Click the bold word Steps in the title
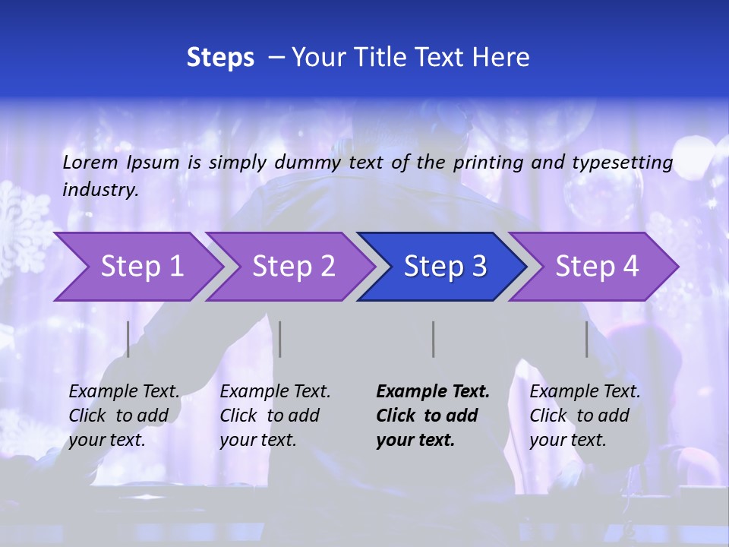(x=220, y=58)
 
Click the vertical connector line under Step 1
(x=128, y=339)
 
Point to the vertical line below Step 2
(x=280, y=339)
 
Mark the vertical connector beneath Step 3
(x=434, y=339)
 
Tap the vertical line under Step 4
(x=587, y=339)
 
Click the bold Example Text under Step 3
(x=433, y=392)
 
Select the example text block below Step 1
(x=124, y=416)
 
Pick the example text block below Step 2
(x=275, y=416)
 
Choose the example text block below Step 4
(x=585, y=416)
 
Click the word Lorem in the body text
(x=90, y=162)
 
